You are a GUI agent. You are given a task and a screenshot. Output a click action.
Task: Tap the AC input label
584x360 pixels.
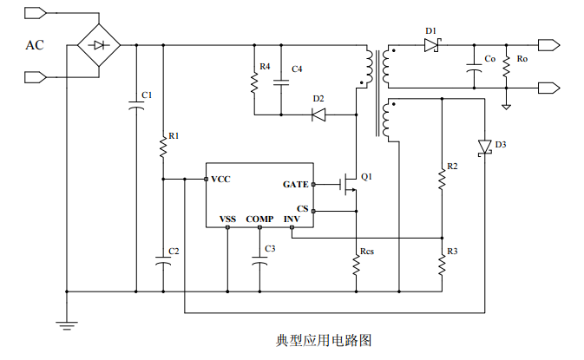point(36,46)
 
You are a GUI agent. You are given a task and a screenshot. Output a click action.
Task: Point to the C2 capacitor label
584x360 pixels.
point(174,252)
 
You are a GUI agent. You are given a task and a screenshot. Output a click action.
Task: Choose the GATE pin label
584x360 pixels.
point(295,184)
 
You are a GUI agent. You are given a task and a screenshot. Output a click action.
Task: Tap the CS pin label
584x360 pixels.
point(302,209)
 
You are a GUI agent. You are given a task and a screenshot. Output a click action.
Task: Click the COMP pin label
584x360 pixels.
point(259,219)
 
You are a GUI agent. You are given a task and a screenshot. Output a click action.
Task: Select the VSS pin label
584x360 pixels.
point(227,219)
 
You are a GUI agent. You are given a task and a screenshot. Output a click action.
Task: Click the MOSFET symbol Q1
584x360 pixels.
point(351,183)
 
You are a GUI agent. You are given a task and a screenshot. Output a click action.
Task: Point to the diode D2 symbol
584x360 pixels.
point(318,114)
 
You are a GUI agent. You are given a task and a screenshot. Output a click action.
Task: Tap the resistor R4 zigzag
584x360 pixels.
point(254,82)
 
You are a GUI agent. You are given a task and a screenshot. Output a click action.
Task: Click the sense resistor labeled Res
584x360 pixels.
point(356,264)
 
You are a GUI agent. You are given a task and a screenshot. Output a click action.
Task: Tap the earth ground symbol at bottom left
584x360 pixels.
point(66,324)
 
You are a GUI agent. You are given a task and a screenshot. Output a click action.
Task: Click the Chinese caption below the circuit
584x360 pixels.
point(324,341)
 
